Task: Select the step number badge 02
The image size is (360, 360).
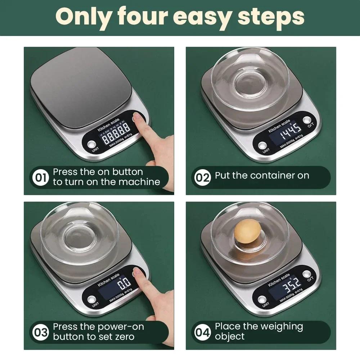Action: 202,177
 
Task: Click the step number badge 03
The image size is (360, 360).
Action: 40,332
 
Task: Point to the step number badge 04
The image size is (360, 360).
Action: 202,332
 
